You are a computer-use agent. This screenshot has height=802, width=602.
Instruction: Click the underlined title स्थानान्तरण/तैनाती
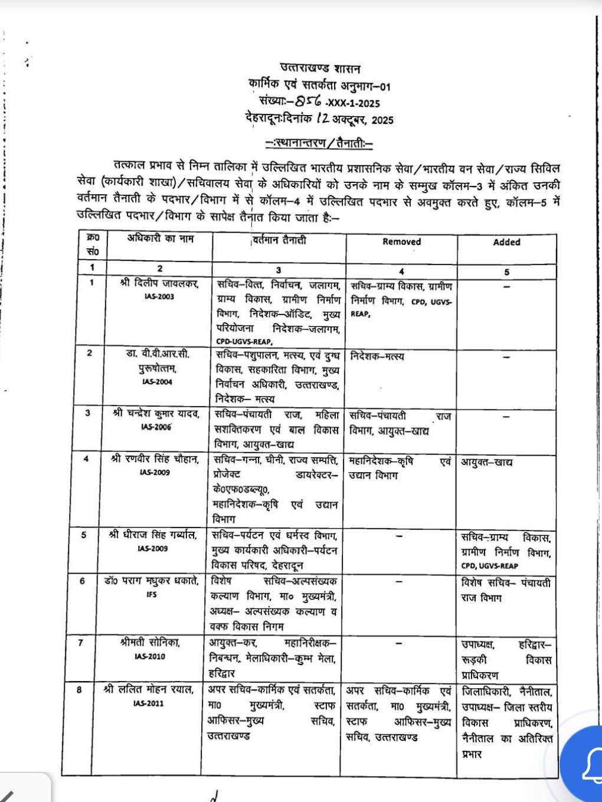[319, 143]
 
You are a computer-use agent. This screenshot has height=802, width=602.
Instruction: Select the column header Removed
[401, 241]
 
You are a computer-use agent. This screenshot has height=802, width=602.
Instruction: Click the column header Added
[506, 242]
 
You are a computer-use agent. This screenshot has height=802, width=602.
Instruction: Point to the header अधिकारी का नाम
[160, 239]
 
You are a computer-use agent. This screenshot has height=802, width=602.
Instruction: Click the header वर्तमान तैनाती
[279, 240]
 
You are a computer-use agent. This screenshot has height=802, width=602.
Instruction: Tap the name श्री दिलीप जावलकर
[159, 283]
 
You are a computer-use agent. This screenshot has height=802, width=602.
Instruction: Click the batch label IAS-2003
[159, 296]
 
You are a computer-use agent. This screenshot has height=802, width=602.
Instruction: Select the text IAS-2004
[156, 382]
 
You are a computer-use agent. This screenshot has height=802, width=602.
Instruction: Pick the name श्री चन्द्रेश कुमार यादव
[156, 414]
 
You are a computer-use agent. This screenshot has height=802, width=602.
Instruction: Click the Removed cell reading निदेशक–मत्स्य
[377, 356]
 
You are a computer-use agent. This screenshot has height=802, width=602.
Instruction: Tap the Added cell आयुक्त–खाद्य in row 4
[487, 462]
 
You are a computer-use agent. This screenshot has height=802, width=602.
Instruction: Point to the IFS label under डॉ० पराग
[152, 594]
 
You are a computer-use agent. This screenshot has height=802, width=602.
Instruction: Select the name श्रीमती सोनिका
[150, 643]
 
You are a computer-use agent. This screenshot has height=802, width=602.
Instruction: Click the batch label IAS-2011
[149, 703]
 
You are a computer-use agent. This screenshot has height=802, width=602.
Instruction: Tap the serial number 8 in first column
[80, 689]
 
